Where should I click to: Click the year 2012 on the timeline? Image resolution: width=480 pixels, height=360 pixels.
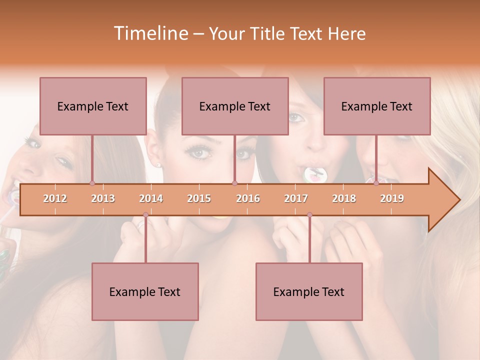[55, 198]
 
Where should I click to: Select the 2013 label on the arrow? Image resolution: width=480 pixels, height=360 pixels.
[103, 198]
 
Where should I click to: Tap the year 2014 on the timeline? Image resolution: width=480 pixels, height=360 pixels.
[151, 198]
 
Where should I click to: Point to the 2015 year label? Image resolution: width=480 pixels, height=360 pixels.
[199, 198]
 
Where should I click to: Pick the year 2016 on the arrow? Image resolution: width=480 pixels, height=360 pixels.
[248, 198]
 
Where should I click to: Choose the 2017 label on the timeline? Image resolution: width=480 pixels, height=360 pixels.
[296, 198]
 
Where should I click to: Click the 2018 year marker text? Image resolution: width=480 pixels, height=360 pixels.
[344, 198]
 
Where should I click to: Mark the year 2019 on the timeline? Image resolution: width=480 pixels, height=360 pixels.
[392, 198]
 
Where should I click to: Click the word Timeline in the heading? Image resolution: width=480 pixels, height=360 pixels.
[150, 33]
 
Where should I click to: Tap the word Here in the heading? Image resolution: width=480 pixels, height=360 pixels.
[347, 33]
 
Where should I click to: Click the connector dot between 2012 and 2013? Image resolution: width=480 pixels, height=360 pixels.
[92, 183]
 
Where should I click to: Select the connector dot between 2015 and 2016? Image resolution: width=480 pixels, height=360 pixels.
[234, 183]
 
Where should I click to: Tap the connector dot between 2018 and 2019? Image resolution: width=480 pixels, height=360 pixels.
[376, 183]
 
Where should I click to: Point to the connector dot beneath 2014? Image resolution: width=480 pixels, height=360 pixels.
[145, 215]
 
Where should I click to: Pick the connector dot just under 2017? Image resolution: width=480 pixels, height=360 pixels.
[309, 215]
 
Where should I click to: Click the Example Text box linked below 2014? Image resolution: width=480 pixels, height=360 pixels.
[145, 291]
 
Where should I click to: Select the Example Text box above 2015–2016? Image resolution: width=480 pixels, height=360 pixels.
[235, 106]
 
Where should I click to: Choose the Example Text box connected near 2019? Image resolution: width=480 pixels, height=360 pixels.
[377, 106]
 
